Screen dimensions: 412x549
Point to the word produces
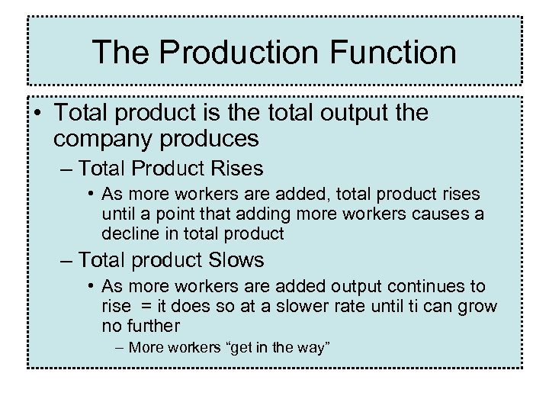tap(216, 140)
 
